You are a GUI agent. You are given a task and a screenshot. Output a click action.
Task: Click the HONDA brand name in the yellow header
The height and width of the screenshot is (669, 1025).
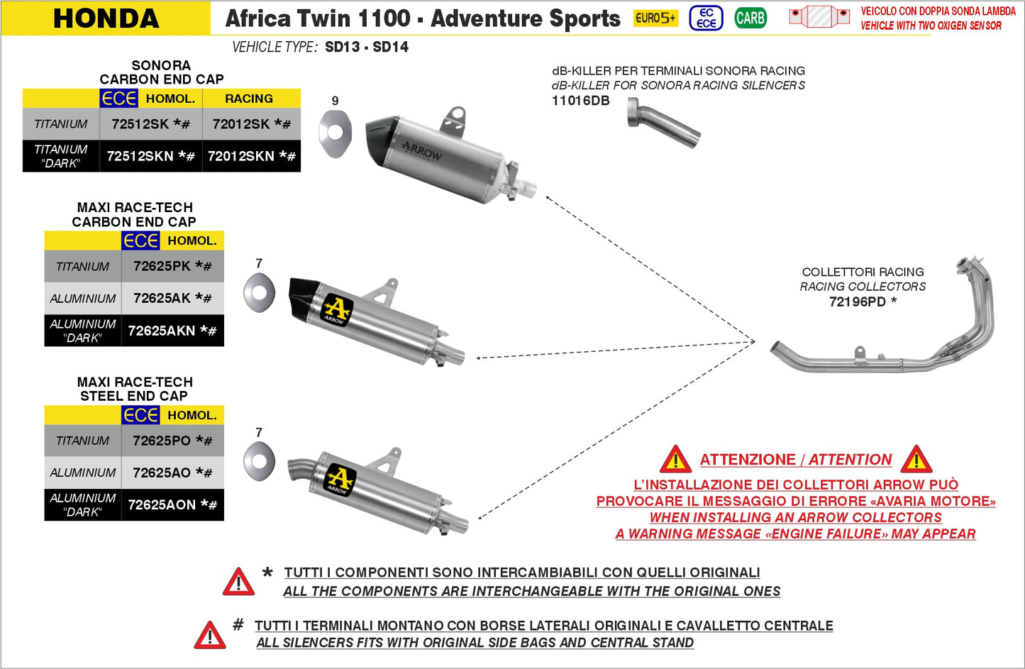pyautogui.click(x=106, y=18)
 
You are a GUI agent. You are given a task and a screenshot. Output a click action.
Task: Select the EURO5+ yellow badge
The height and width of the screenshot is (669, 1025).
pyautogui.click(x=655, y=18)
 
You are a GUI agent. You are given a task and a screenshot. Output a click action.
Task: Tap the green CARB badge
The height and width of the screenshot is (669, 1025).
pyautogui.click(x=750, y=18)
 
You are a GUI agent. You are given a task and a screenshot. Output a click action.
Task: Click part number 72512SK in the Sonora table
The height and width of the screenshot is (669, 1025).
pyautogui.click(x=150, y=124)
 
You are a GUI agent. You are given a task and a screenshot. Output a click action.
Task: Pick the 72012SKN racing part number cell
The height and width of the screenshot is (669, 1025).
pyautogui.click(x=251, y=156)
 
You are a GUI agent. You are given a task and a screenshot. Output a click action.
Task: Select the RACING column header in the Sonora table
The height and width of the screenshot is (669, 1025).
pyautogui.click(x=249, y=99)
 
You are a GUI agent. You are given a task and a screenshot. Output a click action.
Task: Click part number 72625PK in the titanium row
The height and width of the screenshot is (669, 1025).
pyautogui.click(x=172, y=266)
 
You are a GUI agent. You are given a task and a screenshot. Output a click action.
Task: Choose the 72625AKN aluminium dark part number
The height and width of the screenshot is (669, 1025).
pyautogui.click(x=172, y=331)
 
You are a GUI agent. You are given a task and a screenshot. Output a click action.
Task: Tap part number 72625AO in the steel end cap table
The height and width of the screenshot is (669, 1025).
pyautogui.click(x=172, y=472)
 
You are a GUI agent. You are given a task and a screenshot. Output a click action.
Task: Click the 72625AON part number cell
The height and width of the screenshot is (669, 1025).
pyautogui.click(x=172, y=504)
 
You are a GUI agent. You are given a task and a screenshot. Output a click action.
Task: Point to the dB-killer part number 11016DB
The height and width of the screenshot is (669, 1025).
pyautogui.click(x=580, y=101)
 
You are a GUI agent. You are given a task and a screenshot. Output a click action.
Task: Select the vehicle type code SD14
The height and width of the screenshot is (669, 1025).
pyautogui.click(x=390, y=48)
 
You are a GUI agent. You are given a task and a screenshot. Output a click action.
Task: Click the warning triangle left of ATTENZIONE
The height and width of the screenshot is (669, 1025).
pyautogui.click(x=675, y=460)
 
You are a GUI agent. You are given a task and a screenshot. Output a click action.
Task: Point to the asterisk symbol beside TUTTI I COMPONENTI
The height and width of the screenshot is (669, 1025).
pyautogui.click(x=267, y=573)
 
